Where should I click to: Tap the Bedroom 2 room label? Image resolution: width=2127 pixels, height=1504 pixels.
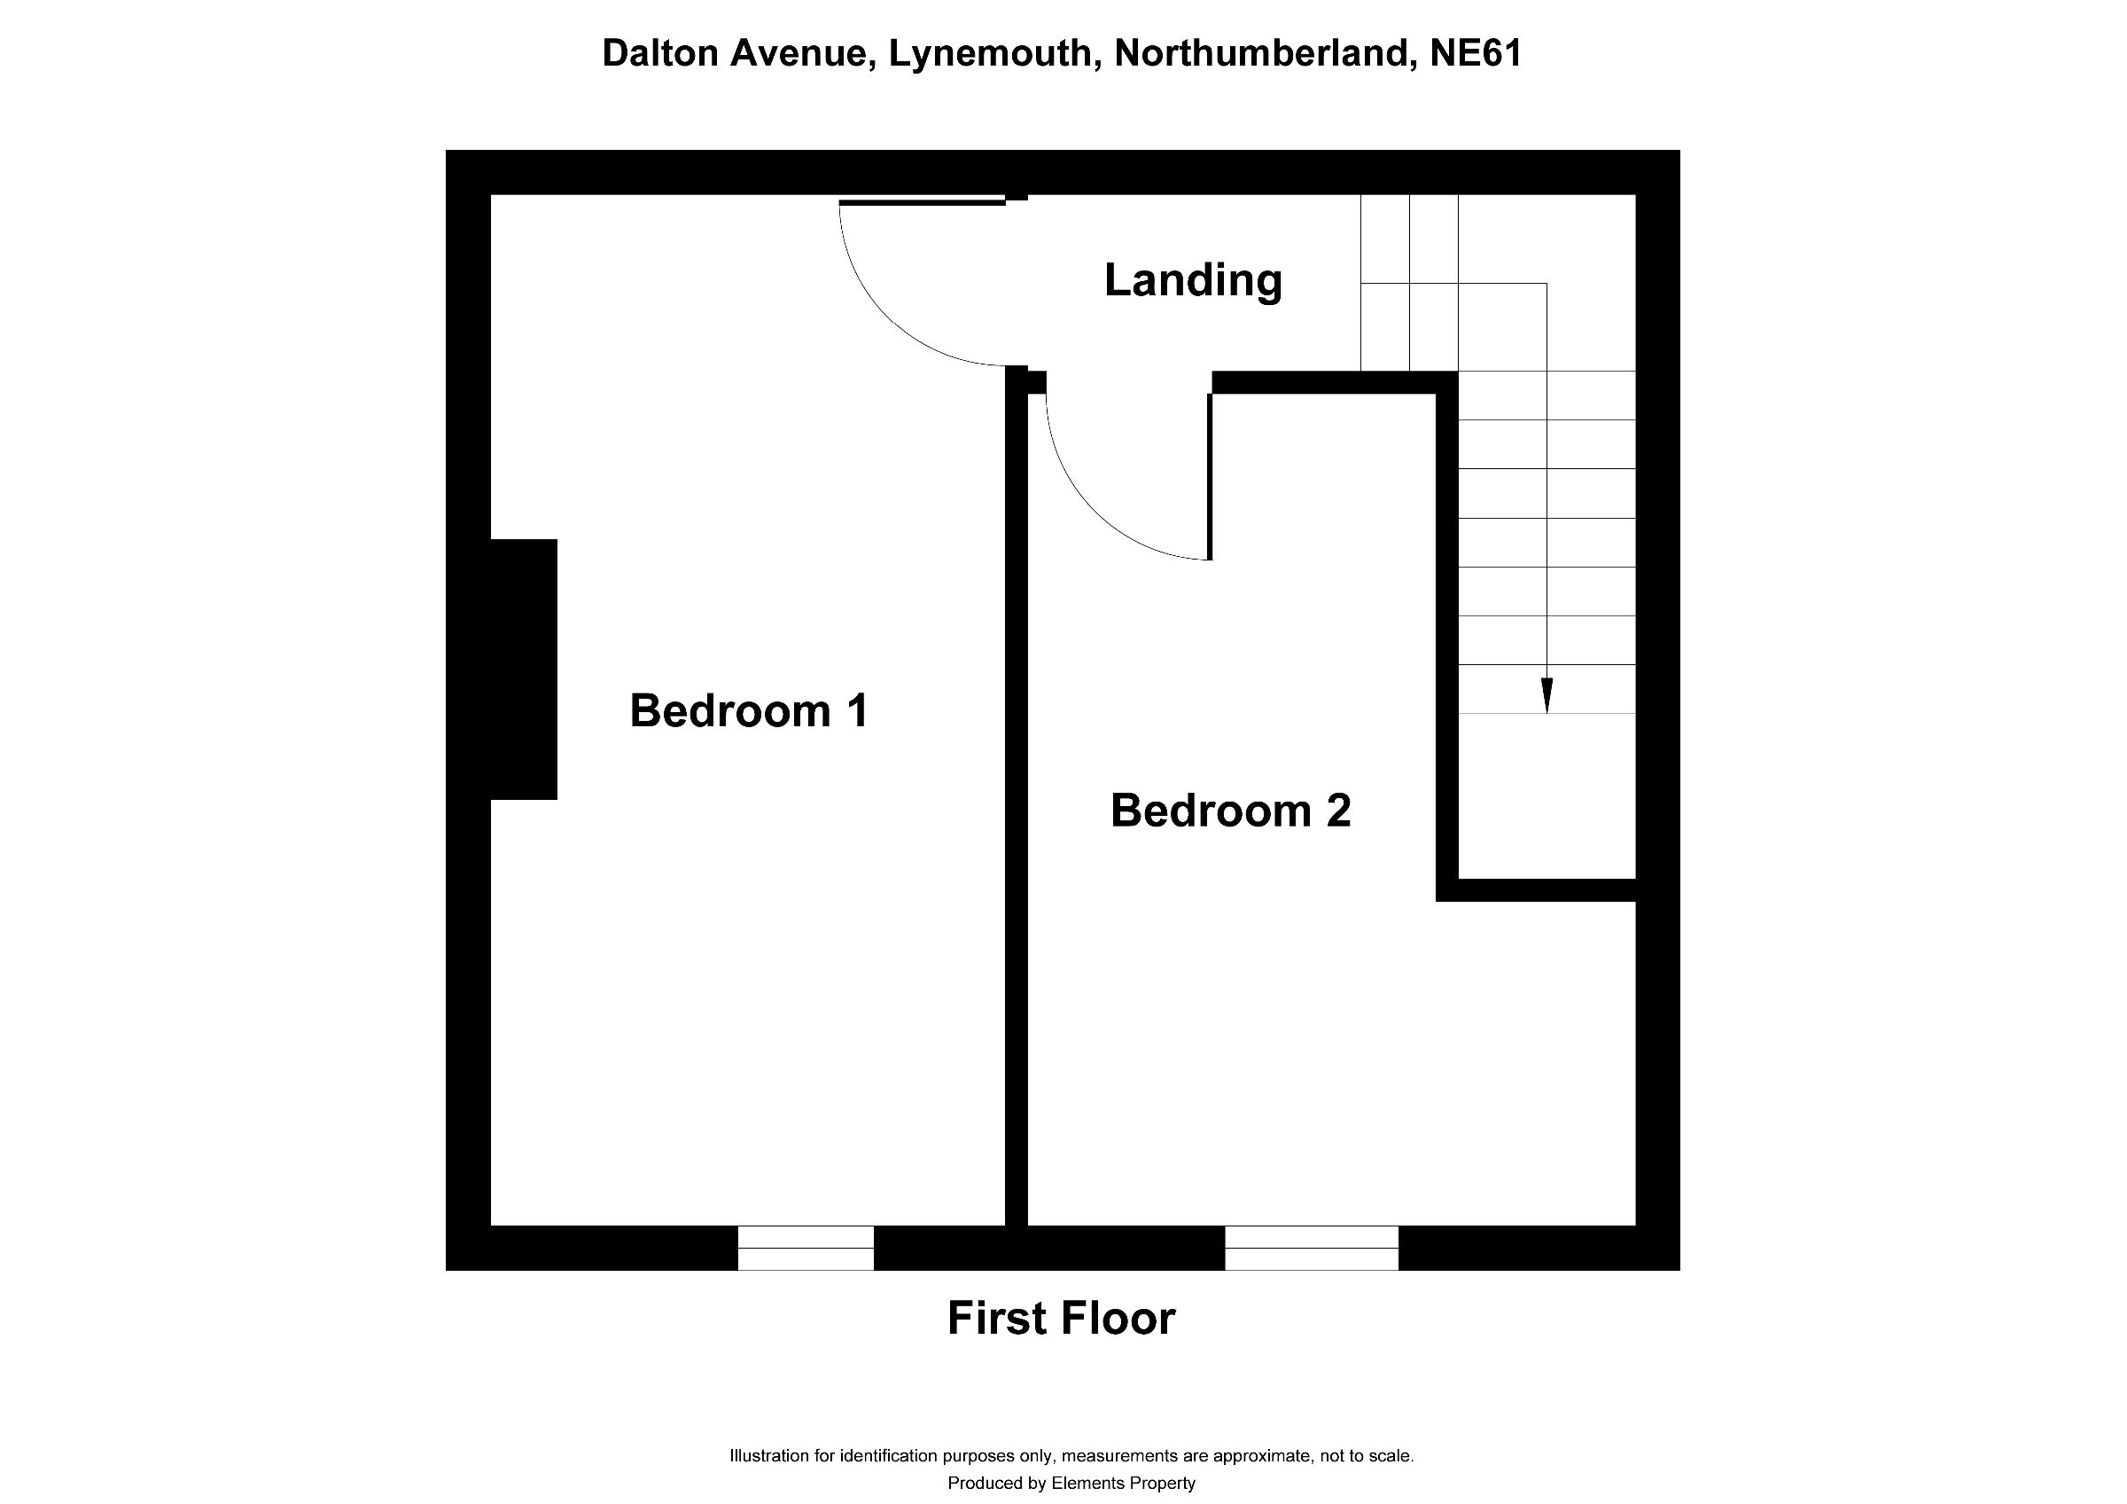point(1230,810)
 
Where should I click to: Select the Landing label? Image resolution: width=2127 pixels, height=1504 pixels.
point(1193,281)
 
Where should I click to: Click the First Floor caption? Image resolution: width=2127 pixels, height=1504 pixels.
point(1061,1318)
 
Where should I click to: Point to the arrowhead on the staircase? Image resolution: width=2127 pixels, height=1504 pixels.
point(1547,695)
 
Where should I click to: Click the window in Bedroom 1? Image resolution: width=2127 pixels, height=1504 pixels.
point(805,1248)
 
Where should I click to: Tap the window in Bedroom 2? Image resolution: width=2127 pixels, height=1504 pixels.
point(1311,1248)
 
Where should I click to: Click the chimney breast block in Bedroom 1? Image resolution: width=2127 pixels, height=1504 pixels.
point(524,669)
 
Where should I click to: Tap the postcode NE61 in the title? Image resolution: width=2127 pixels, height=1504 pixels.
point(1476,53)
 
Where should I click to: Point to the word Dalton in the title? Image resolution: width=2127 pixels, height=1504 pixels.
point(661,53)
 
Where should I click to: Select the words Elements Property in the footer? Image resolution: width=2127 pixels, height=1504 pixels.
point(1123,1483)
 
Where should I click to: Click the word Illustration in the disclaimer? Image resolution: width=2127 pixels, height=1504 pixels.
point(769,1455)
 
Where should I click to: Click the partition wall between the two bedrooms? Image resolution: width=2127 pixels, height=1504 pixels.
point(1017,797)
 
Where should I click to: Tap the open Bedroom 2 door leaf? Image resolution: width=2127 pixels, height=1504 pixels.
point(1210,477)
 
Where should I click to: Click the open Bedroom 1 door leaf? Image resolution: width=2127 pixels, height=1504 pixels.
point(923,201)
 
